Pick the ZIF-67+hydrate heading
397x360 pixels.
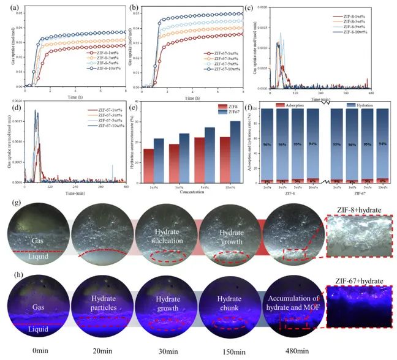(x=359, y=281)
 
